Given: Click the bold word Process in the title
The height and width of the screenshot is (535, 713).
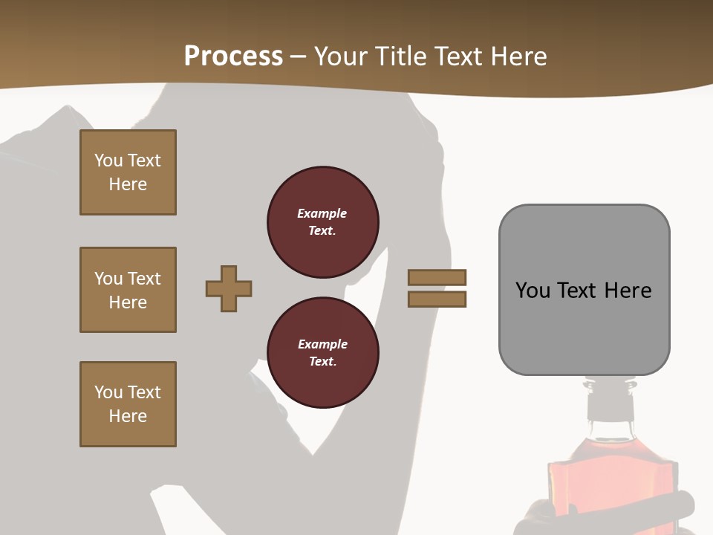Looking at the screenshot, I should point(233,56).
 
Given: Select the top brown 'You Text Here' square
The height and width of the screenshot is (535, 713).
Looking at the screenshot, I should point(128,172).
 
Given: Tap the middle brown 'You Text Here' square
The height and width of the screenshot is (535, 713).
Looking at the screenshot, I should point(128,290).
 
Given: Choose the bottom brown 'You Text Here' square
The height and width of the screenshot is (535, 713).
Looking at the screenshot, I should point(128,404).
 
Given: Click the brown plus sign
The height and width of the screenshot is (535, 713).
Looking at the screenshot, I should point(229,288).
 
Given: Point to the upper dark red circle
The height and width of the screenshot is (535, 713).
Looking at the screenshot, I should point(322,222).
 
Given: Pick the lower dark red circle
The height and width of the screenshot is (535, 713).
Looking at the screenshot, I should point(322,353).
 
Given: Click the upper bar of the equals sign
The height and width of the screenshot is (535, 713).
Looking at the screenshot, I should point(437,277).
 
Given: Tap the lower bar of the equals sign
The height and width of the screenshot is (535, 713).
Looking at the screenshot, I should point(437,299).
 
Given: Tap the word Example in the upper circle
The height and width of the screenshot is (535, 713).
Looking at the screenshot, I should point(322,213).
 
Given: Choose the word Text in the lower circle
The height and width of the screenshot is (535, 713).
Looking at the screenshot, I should point(322,362).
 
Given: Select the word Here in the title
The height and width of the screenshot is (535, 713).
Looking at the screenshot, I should point(519,56).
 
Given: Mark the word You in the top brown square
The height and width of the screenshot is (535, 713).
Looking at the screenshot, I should point(108,160).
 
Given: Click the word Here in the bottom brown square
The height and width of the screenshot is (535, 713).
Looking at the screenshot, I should point(128,416).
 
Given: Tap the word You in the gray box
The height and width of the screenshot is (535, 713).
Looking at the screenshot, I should point(533,291).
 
